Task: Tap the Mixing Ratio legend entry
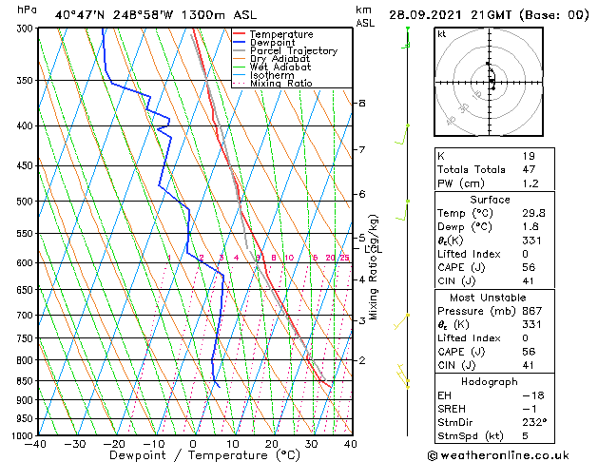280,84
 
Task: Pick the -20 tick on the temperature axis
113,443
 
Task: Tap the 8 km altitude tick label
361,103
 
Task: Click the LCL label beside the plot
372,249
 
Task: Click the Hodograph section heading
491,381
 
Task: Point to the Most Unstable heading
491,298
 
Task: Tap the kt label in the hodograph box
441,33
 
